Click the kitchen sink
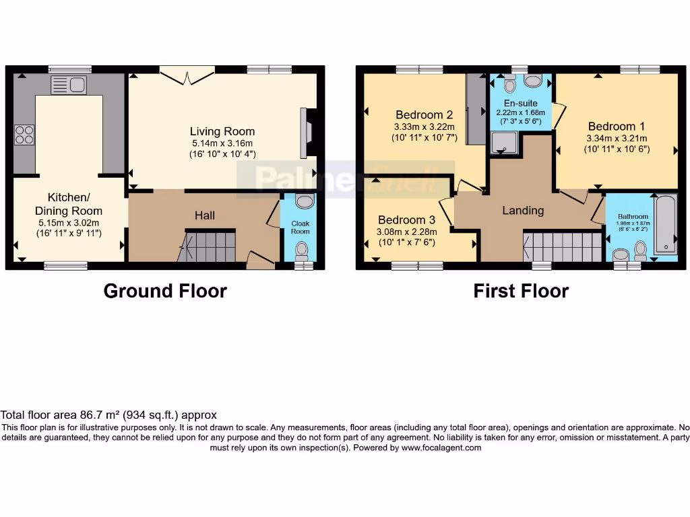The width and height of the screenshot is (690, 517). pyautogui.click(x=69, y=85)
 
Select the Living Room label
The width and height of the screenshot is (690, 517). pyautogui.click(x=222, y=131)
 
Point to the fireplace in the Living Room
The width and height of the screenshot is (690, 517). pyautogui.click(x=307, y=133)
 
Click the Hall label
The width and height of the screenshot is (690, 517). pyautogui.click(x=205, y=215)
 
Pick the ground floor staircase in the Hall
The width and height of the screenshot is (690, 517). pyautogui.click(x=210, y=246)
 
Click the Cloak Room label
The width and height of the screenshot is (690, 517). pyautogui.click(x=301, y=227)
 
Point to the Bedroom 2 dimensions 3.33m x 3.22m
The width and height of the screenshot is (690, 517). pyautogui.click(x=425, y=127)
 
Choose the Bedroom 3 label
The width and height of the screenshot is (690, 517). pyautogui.click(x=406, y=220)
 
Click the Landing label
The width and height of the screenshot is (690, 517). pyautogui.click(x=523, y=211)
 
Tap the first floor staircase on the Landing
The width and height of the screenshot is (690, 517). pyautogui.click(x=563, y=247)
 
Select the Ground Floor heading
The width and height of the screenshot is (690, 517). pyautogui.click(x=165, y=291)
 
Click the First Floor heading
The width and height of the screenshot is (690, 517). pyautogui.click(x=521, y=291)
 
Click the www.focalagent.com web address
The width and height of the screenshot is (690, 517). pyautogui.click(x=441, y=448)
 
